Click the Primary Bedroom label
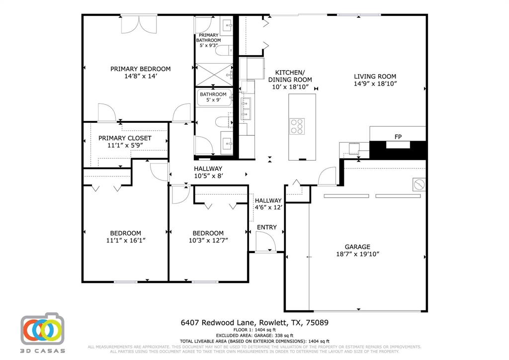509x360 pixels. point(140,69)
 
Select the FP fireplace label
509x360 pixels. point(398,136)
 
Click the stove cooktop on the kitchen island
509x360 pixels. point(297,126)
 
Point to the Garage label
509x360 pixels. point(357,247)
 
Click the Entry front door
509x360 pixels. point(266,243)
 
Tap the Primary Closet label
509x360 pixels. point(125,138)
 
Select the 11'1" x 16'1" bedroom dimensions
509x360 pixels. point(125,241)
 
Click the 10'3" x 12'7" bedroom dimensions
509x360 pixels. point(208,241)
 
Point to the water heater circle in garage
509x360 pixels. point(419,184)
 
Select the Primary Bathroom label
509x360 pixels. point(208,38)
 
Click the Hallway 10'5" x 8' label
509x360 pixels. point(208,172)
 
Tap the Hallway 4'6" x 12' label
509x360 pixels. point(268,204)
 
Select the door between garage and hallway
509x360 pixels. point(328,176)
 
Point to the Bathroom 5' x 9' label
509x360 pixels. point(213,97)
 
